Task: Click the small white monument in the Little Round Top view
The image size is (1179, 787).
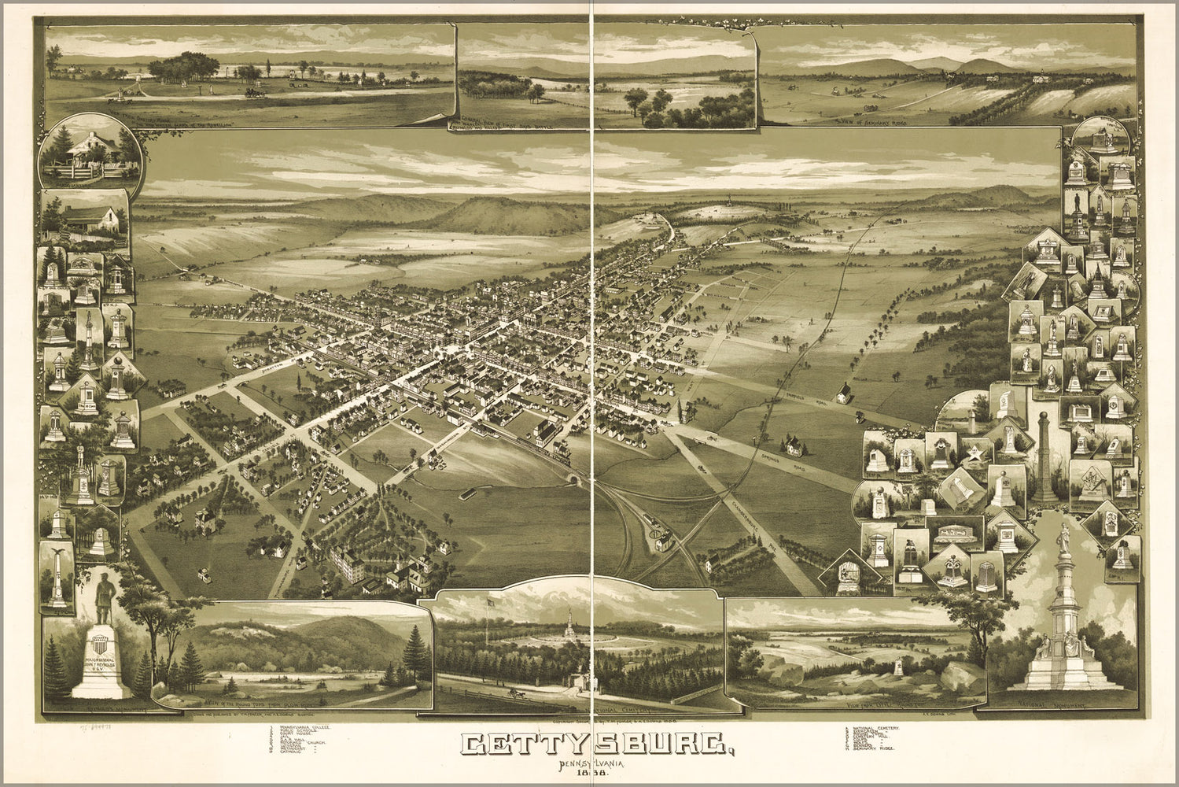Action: pyautogui.click(x=898, y=668)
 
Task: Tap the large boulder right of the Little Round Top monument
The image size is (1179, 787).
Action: pyautogui.click(x=960, y=676)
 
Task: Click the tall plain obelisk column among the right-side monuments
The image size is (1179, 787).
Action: pyautogui.click(x=1044, y=456)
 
